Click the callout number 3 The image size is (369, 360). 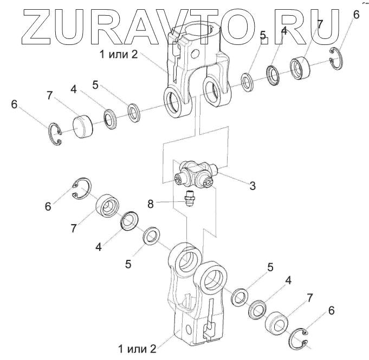[253, 186]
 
